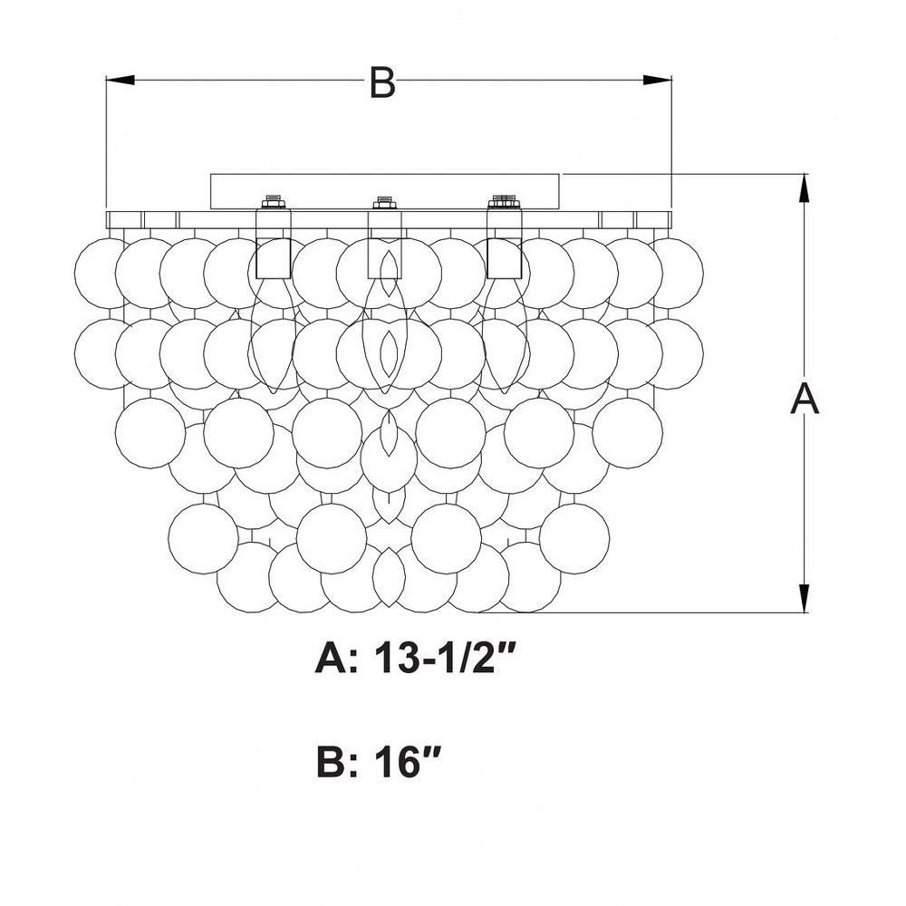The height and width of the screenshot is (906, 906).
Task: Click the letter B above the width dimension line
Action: [382, 82]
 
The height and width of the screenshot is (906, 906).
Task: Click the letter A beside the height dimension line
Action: [805, 400]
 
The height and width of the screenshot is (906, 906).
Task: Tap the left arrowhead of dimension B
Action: [120, 81]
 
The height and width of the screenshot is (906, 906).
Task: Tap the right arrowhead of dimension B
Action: [658, 81]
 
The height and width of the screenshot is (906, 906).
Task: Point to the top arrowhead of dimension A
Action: [803, 188]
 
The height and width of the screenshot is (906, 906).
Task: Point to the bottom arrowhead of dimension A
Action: [803, 598]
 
